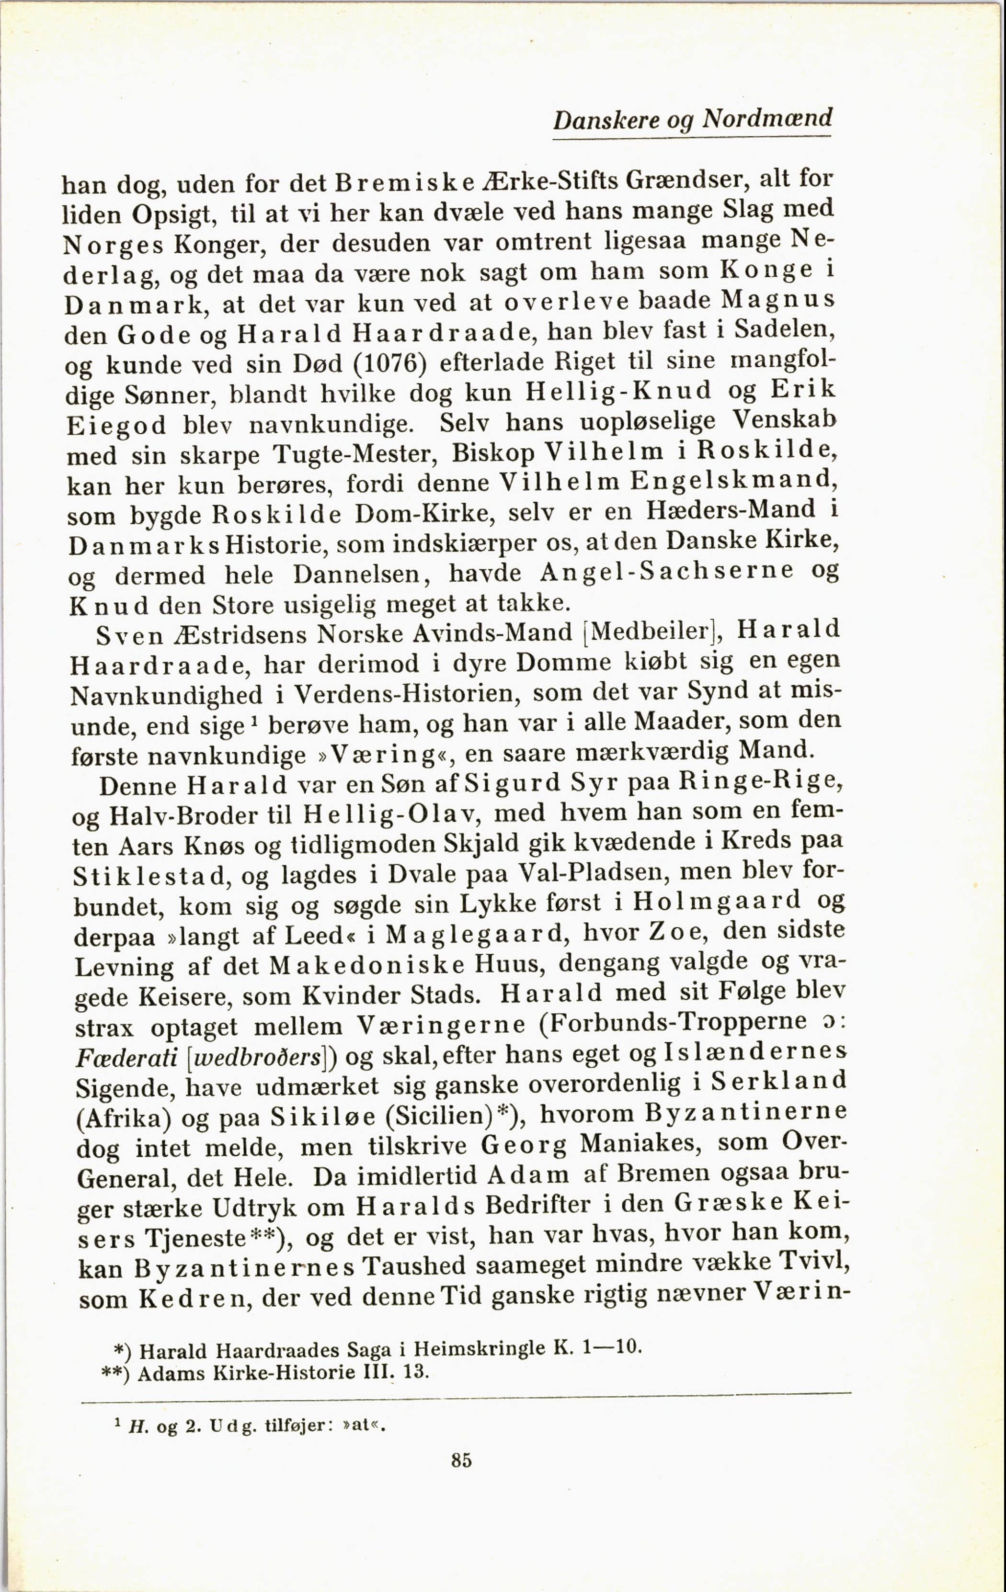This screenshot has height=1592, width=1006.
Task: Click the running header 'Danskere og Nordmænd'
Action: point(692,119)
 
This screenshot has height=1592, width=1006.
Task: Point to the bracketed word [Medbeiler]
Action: point(652,632)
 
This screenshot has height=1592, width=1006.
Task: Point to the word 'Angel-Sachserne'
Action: point(667,571)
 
